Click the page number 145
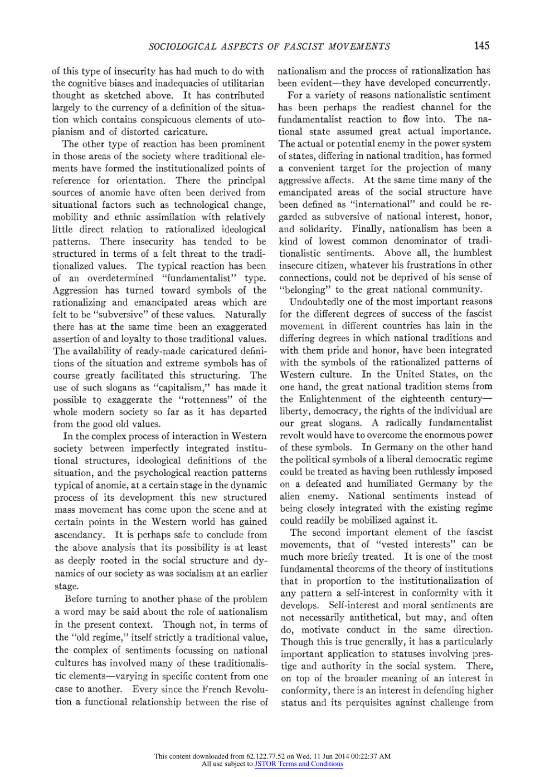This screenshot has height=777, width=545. click(x=481, y=46)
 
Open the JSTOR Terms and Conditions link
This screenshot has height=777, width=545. click(x=299, y=764)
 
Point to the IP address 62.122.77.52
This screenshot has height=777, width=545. click(x=265, y=756)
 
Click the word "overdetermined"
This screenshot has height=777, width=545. click(x=120, y=278)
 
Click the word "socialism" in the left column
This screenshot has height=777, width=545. click(x=186, y=573)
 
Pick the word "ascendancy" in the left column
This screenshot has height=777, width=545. click(x=79, y=535)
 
